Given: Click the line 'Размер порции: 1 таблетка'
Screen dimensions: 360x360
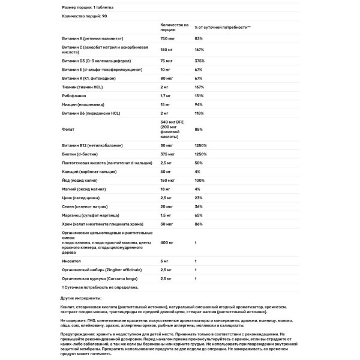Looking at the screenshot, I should coord(86,7).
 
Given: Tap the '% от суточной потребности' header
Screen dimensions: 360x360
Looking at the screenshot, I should coord(223,27).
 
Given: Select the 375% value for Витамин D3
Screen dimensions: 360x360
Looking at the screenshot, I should coord(200,61).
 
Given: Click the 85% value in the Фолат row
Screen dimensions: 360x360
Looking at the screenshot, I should coord(199,129).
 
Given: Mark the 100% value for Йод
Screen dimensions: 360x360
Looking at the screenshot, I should coord(200,180).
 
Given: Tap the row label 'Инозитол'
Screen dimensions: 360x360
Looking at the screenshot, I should coord(71,262).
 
